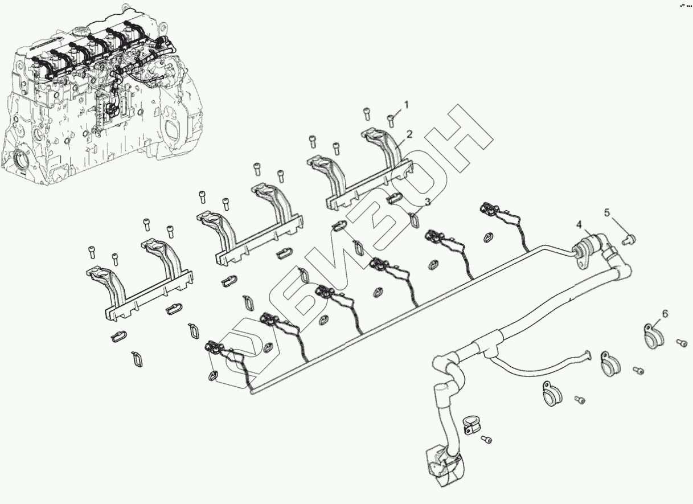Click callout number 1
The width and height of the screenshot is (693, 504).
tap(407, 104)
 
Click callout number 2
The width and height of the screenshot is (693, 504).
tap(409, 134)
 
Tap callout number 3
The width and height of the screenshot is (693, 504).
tap(427, 202)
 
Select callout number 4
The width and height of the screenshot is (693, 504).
tap(579, 226)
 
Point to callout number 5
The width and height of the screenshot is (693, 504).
tap(607, 212)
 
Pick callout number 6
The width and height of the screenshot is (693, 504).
tap(665, 314)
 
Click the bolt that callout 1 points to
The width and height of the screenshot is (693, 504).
tap(391, 118)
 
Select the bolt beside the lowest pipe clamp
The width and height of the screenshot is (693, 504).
tap(487, 439)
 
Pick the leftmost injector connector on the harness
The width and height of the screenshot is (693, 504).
tap(214, 347)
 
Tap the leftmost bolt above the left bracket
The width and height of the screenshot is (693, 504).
tap(92, 251)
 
